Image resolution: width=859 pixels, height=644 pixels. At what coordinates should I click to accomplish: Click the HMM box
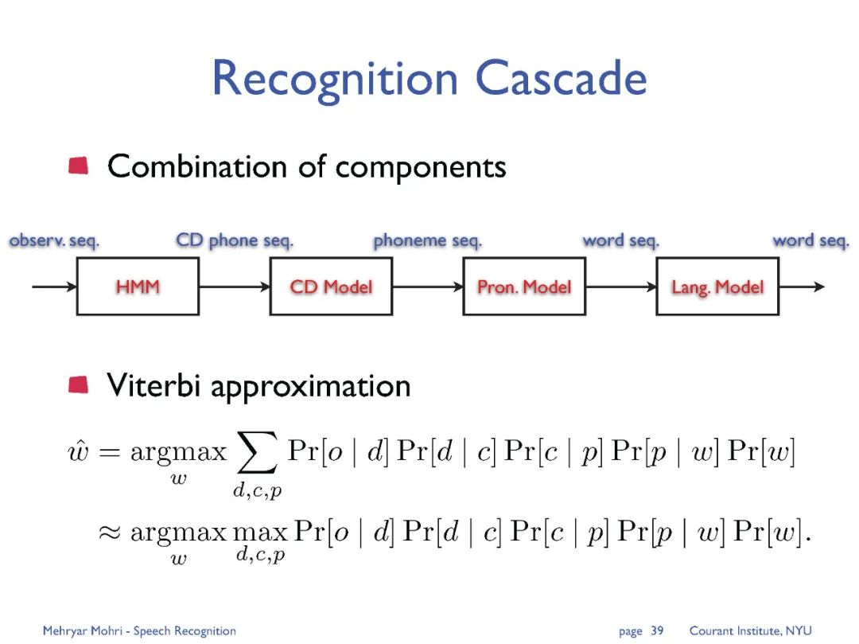point(138,287)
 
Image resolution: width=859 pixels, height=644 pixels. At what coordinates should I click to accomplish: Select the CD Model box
point(331,287)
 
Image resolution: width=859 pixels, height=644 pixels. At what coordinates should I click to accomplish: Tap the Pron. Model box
point(524,287)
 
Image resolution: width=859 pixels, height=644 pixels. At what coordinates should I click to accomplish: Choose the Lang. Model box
point(717,287)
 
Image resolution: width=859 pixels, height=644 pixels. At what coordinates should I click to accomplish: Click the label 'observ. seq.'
point(54,240)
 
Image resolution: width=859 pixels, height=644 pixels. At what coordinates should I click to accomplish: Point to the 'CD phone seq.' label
point(235,240)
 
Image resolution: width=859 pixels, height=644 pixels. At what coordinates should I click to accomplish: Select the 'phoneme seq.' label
point(427,240)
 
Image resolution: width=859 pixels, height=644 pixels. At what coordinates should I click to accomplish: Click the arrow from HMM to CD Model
point(235,287)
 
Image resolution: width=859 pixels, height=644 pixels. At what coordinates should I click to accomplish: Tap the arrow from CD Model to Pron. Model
point(428,287)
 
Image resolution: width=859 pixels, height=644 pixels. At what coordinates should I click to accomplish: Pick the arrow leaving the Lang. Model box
point(802,287)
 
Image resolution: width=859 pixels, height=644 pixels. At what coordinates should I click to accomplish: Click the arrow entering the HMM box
point(54,287)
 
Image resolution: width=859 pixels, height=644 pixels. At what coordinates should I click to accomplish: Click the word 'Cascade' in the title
point(562,79)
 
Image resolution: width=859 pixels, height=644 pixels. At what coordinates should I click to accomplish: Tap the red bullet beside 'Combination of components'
point(79,166)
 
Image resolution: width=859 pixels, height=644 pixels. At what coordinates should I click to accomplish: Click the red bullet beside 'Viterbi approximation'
point(79,385)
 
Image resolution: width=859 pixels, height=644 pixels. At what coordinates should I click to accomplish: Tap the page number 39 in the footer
point(657,630)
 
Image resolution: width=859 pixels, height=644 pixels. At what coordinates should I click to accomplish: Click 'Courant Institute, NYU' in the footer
point(750,630)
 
